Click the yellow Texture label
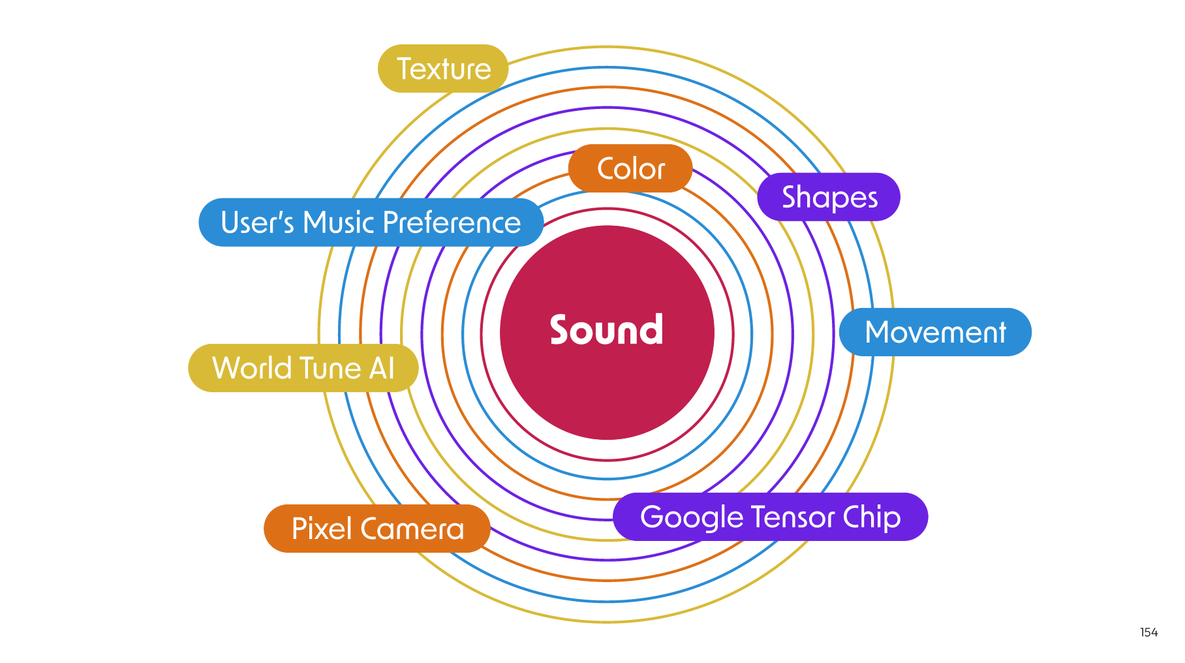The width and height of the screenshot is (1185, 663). click(x=443, y=69)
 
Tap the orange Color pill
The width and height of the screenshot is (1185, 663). click(x=630, y=168)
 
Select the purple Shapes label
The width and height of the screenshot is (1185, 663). click(x=829, y=197)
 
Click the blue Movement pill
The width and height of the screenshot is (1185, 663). click(x=935, y=332)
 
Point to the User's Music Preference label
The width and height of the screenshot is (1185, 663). click(x=371, y=223)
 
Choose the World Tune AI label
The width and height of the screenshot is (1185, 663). click(x=303, y=368)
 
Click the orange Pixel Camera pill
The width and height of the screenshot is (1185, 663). click(x=377, y=529)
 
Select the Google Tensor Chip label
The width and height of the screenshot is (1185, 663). click(x=770, y=517)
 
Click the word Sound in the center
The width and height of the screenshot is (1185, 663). click(x=606, y=330)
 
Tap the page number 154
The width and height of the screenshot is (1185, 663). click(x=1148, y=632)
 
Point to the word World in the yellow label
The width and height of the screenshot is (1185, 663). click(x=251, y=368)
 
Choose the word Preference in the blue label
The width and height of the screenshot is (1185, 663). click(x=452, y=223)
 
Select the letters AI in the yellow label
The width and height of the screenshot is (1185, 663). click(x=382, y=368)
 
